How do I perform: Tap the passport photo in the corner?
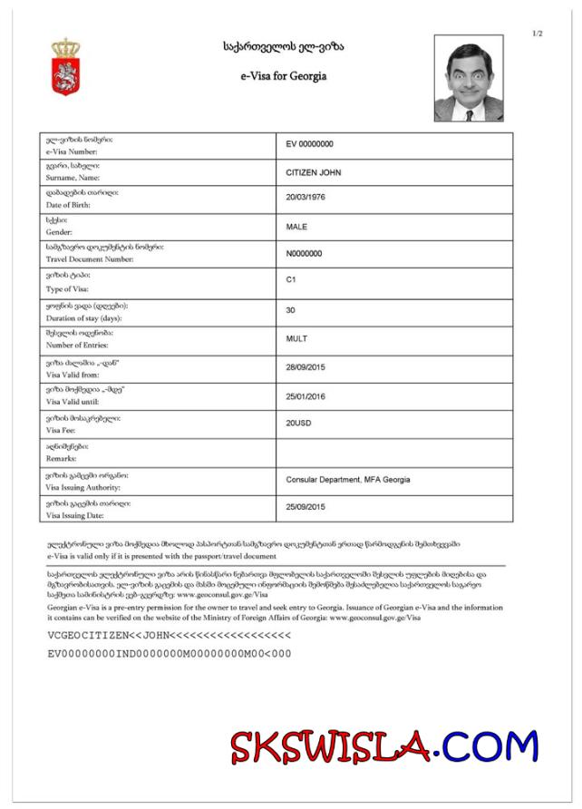click(x=469, y=78)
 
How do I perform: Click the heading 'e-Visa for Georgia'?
click(x=284, y=76)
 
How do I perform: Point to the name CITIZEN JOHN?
click(x=314, y=172)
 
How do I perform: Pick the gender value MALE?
click(x=296, y=227)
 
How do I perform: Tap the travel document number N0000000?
click(x=304, y=254)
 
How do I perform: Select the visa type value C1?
click(x=291, y=280)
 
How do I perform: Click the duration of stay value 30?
click(x=291, y=310)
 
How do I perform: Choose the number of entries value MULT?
click(x=296, y=339)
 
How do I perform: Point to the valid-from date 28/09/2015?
click(x=306, y=367)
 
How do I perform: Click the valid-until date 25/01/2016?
click(x=306, y=396)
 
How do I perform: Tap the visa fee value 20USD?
click(x=300, y=424)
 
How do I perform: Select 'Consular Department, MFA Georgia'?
click(x=348, y=480)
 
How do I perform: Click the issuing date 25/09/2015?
click(x=306, y=507)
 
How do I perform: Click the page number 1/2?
click(x=537, y=34)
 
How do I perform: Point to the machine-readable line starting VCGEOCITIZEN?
click(x=169, y=636)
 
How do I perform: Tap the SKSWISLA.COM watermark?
click(x=383, y=747)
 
